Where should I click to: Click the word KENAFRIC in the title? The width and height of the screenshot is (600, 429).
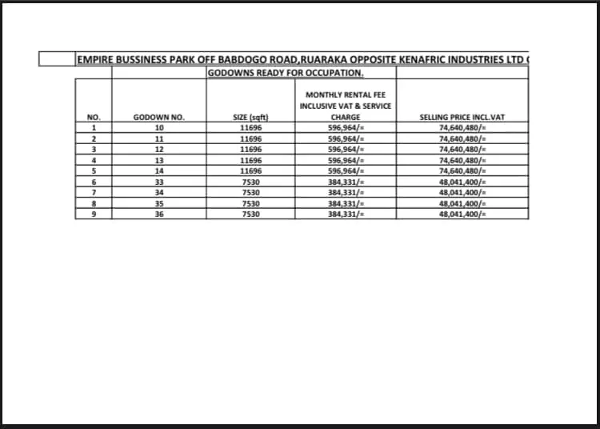click(437, 60)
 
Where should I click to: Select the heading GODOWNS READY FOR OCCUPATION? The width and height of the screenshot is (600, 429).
click(286, 73)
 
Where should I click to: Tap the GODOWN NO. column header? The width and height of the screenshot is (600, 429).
click(158, 118)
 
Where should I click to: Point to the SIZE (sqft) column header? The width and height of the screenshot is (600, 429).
click(250, 118)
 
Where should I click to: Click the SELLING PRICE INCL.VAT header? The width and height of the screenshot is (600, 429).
click(462, 118)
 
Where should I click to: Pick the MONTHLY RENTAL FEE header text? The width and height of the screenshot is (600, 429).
click(346, 94)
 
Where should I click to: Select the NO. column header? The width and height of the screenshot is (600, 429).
click(94, 118)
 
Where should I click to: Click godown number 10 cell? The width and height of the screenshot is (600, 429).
click(158, 127)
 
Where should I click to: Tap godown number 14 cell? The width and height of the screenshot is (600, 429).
click(158, 170)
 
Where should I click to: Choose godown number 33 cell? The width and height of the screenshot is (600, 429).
click(158, 182)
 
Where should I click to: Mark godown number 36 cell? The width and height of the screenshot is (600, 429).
click(158, 214)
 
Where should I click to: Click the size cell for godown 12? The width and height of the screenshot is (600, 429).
click(250, 149)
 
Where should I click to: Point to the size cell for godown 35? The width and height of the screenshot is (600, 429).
click(250, 203)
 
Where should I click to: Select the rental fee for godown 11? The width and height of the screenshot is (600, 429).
click(346, 138)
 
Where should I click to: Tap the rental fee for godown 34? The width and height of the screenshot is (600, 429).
click(346, 193)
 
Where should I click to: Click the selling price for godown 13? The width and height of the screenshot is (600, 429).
click(462, 160)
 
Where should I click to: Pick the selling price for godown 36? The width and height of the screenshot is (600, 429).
click(462, 214)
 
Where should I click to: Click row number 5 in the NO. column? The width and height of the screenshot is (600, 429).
click(94, 170)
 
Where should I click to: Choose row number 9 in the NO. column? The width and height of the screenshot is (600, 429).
click(94, 214)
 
